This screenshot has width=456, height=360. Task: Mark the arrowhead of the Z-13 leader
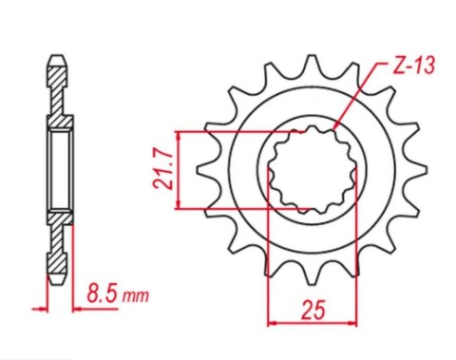click(x=333, y=126)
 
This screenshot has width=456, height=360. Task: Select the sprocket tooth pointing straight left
click(x=202, y=171)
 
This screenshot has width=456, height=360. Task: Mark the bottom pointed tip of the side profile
click(x=57, y=282)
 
